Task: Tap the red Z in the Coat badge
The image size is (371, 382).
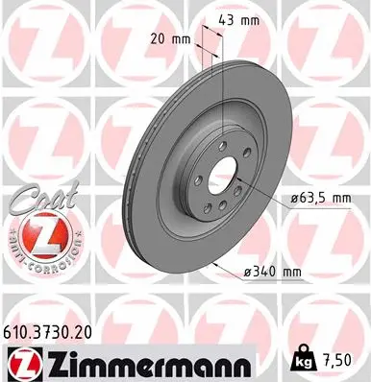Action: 39,236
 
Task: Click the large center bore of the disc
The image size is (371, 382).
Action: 223,179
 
